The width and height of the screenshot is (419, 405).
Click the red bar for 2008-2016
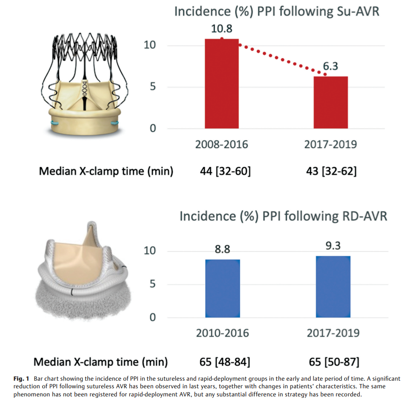click(x=221, y=83)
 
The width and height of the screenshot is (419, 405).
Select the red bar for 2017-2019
click(x=330, y=102)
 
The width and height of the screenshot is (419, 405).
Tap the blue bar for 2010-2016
click(x=222, y=289)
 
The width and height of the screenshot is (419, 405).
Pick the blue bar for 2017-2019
click(x=333, y=287)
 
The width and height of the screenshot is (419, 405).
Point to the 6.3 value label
click(x=330, y=66)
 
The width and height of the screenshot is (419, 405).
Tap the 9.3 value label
click(x=333, y=247)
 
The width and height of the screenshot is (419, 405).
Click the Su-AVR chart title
click(x=277, y=11)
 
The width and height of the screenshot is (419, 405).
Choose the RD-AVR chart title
click(x=283, y=216)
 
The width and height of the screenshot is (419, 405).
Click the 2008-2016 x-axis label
click(x=221, y=144)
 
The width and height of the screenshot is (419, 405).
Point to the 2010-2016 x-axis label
click(x=222, y=332)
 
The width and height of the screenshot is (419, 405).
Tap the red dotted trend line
click(x=277, y=56)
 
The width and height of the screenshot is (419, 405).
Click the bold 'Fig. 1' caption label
click(x=22, y=379)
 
